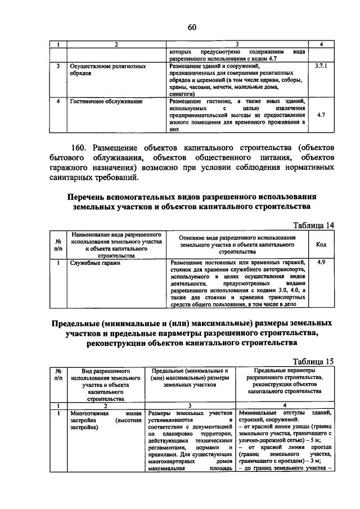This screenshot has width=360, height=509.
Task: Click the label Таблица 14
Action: [314, 226]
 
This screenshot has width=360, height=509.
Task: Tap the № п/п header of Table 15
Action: [57, 375]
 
